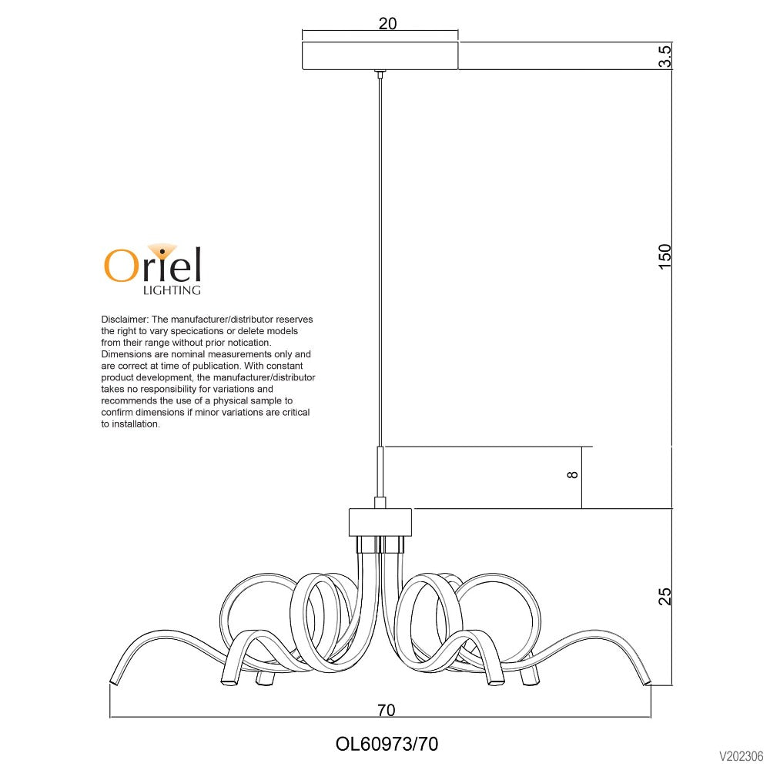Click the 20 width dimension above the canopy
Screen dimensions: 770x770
pos(387,24)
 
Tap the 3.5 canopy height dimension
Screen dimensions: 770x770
pos(665,57)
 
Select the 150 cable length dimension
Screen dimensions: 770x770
pos(665,256)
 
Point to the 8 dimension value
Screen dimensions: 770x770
pos(571,475)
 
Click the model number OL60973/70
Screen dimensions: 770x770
pos(387,744)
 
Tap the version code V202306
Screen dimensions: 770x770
pos(741,755)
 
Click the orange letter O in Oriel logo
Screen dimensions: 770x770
pos(121,266)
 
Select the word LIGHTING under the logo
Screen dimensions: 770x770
pos(172,290)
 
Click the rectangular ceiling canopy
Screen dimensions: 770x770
pos(380,56)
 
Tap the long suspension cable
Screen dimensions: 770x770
pos(380,254)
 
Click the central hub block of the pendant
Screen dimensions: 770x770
pos(380,522)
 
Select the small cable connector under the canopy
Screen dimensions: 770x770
pos(380,74)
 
